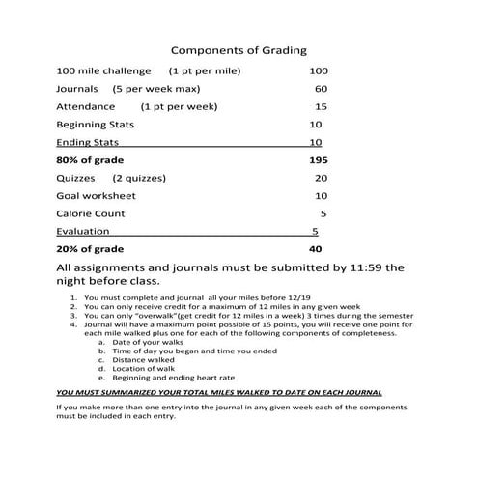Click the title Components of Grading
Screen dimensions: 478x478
[x=239, y=49]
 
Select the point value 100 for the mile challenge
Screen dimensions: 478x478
[x=319, y=71]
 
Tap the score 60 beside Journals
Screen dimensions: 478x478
[x=321, y=89]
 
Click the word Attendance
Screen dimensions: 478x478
[x=86, y=106]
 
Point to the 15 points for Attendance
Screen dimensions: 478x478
[x=321, y=107]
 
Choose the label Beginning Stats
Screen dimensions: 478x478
[x=96, y=125]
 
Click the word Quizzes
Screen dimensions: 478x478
[x=75, y=178]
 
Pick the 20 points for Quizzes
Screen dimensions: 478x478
[x=321, y=178]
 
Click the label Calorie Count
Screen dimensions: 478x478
[x=91, y=213]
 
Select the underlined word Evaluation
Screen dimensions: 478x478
[x=82, y=231]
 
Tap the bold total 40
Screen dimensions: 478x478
[x=315, y=248]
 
